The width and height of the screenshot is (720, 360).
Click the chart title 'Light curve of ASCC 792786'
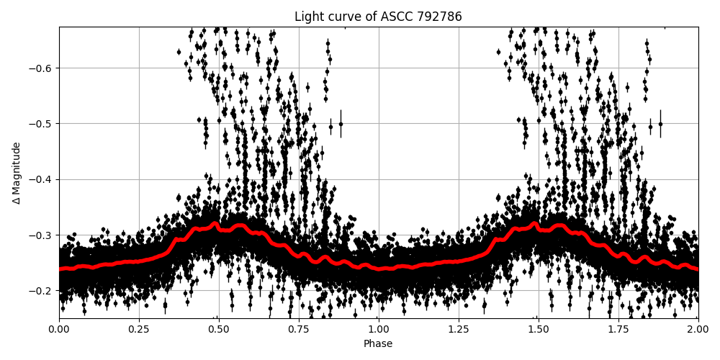[378, 17]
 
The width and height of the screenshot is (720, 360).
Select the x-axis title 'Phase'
[378, 344]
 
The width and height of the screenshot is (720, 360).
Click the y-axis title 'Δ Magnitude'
[17, 173]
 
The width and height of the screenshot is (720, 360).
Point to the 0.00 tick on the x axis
[59, 330]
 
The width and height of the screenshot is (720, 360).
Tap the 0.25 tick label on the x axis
[139, 330]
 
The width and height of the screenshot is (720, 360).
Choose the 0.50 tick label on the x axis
[219, 330]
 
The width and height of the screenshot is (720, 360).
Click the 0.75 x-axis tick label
[299, 330]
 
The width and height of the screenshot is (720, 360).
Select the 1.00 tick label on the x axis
[379, 330]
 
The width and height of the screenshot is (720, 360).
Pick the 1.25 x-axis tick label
[459, 330]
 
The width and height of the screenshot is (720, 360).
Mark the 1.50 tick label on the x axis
[539, 330]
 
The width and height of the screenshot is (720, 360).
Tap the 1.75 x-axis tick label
[618, 330]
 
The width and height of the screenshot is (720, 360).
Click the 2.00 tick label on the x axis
[698, 330]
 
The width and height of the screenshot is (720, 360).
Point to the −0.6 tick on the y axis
[41, 68]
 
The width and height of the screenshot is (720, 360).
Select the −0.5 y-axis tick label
[41, 124]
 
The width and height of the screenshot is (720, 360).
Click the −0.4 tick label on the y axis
[41, 179]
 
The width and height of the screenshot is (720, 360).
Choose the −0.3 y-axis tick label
[41, 235]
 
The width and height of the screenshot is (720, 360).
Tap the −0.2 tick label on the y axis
[41, 291]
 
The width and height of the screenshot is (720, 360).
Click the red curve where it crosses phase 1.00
[379, 269]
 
